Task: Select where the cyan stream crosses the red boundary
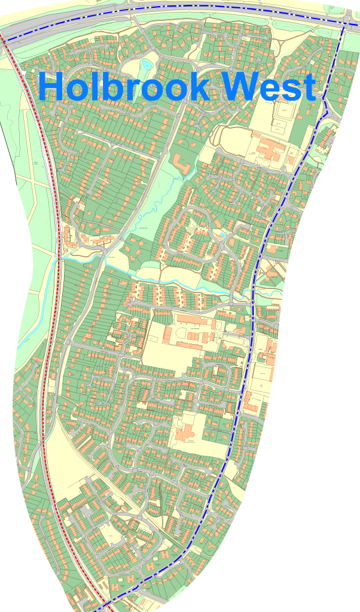coord(59,258)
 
